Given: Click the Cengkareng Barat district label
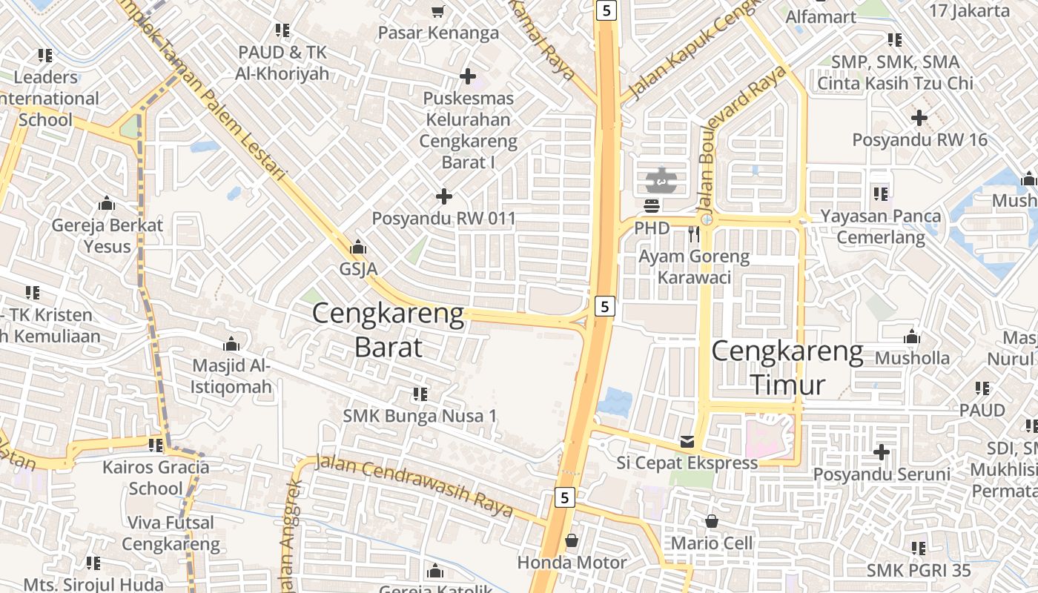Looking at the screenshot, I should click(389, 330).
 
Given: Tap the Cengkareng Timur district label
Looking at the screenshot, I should click(787, 368).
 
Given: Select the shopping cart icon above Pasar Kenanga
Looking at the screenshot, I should click(437, 11).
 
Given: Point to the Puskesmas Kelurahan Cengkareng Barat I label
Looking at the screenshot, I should click(468, 130).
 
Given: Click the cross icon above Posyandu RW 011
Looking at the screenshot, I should click(444, 196).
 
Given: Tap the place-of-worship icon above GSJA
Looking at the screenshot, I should click(359, 246).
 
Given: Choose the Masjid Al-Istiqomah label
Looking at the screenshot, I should click(231, 376).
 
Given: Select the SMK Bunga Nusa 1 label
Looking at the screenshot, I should click(420, 416).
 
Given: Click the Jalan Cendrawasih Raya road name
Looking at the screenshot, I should click(414, 486).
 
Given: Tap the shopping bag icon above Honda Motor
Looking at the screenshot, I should click(572, 540).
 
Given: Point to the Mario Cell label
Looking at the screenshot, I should click(712, 543).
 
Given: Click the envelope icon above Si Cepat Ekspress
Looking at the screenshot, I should click(687, 442).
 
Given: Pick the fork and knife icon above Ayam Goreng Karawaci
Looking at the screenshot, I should click(695, 234).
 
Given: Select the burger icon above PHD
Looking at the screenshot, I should click(652, 205).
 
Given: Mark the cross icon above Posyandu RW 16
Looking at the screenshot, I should click(919, 117).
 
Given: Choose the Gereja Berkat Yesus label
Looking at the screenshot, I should click(107, 235).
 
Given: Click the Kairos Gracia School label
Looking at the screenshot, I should click(156, 477).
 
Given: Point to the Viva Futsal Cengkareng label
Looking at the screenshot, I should click(171, 533).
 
